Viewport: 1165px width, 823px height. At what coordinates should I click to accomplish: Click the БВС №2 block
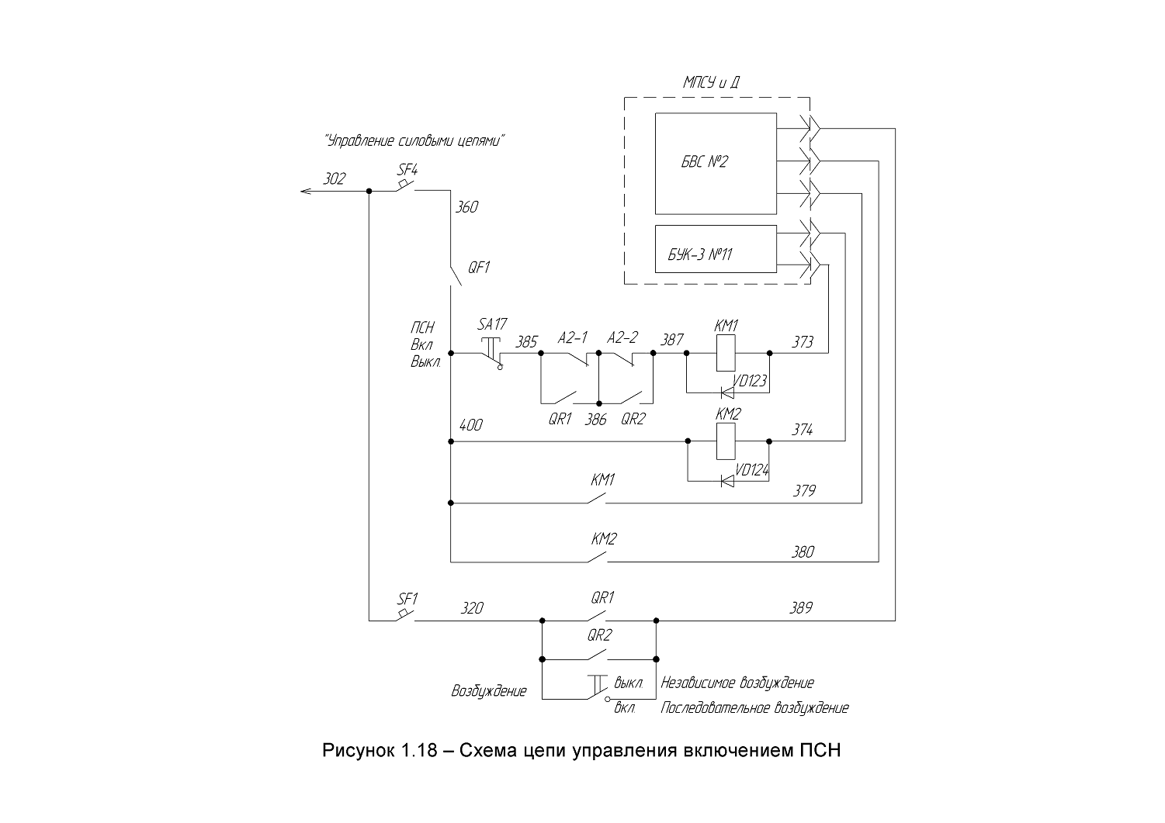coord(716,163)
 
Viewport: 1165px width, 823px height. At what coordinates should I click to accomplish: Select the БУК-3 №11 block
coord(716,248)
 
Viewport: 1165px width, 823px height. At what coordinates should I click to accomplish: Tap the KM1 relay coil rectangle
coord(726,352)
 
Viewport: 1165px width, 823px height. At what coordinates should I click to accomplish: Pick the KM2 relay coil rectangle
coord(726,441)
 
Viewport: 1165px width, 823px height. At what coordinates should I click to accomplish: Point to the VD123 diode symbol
coord(727,392)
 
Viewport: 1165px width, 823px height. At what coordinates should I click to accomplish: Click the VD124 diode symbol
coord(727,481)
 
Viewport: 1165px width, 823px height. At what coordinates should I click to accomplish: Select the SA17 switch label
coord(492,324)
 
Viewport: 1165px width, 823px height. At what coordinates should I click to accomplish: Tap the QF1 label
coord(478,268)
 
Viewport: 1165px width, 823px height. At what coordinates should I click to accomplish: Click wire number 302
coord(334,179)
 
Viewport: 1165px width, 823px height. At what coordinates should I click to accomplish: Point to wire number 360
coord(466,207)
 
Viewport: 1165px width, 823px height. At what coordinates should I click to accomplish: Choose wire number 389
coord(800,608)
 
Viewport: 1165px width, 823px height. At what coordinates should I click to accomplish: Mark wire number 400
coord(470,425)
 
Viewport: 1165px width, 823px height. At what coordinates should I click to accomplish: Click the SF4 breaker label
coord(407,170)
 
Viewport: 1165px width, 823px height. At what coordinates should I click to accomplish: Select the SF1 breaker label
coord(407,599)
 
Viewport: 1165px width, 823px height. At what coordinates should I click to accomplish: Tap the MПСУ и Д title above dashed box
coord(712,82)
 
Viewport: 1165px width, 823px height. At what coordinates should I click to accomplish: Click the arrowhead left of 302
coord(306,191)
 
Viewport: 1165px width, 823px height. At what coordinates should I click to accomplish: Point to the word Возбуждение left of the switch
coord(489,691)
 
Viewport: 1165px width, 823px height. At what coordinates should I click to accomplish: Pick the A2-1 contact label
coord(572,338)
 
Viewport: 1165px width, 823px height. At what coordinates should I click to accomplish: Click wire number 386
coord(595,419)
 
